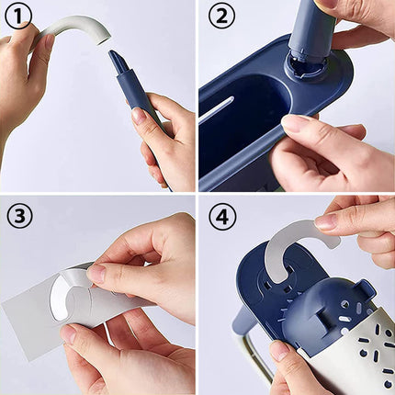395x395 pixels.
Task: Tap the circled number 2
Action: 221,17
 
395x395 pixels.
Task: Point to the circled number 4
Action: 221,218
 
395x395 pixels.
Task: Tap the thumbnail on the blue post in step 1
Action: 139,116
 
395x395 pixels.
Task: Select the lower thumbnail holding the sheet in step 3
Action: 69,334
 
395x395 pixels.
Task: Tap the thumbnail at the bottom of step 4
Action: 278,351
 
